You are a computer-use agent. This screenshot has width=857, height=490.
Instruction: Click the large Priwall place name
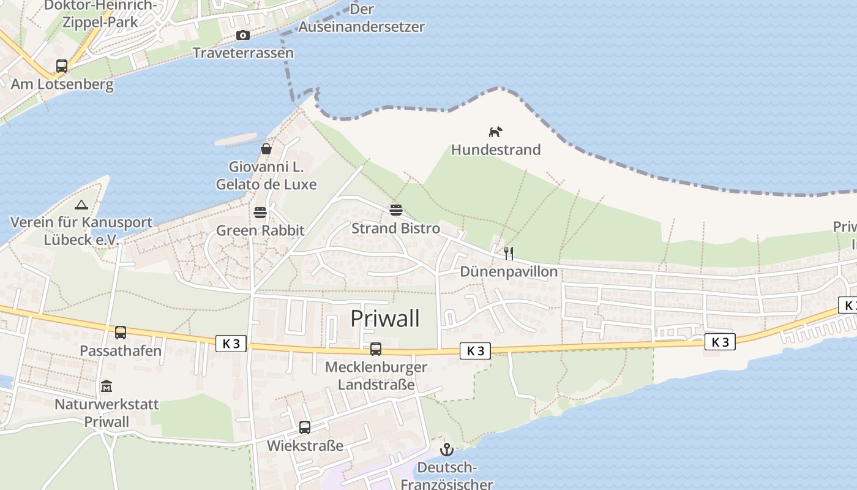[x=385, y=318]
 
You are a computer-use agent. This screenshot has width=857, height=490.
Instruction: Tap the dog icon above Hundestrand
[x=495, y=132]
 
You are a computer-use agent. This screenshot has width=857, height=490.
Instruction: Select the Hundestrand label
[x=496, y=149]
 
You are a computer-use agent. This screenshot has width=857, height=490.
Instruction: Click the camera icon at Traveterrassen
[x=243, y=35]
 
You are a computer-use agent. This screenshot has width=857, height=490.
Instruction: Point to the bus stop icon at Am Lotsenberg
[x=62, y=66]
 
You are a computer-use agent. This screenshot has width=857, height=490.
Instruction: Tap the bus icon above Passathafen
[x=121, y=333]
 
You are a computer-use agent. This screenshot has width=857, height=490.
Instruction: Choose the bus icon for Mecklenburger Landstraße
[x=376, y=349]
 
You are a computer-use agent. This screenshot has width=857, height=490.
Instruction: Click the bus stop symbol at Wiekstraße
[x=305, y=428]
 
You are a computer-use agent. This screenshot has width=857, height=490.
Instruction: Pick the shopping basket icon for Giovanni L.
[x=266, y=149]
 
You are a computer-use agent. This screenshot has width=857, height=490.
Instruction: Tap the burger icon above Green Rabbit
[x=260, y=213]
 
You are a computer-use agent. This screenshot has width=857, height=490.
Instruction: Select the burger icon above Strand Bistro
[x=395, y=210]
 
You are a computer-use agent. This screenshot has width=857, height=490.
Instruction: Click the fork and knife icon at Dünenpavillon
[x=509, y=253]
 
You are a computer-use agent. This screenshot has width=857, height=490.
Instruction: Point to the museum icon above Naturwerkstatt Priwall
[x=107, y=386]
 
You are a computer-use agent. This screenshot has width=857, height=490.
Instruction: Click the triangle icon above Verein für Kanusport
[x=81, y=205]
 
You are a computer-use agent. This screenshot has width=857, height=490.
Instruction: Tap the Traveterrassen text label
[x=243, y=53]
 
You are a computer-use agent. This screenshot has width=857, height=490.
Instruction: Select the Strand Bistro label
[x=395, y=228]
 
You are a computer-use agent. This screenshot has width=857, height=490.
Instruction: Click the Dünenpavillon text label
[x=509, y=271]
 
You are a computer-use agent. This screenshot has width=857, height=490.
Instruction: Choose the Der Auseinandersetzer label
[x=361, y=18]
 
